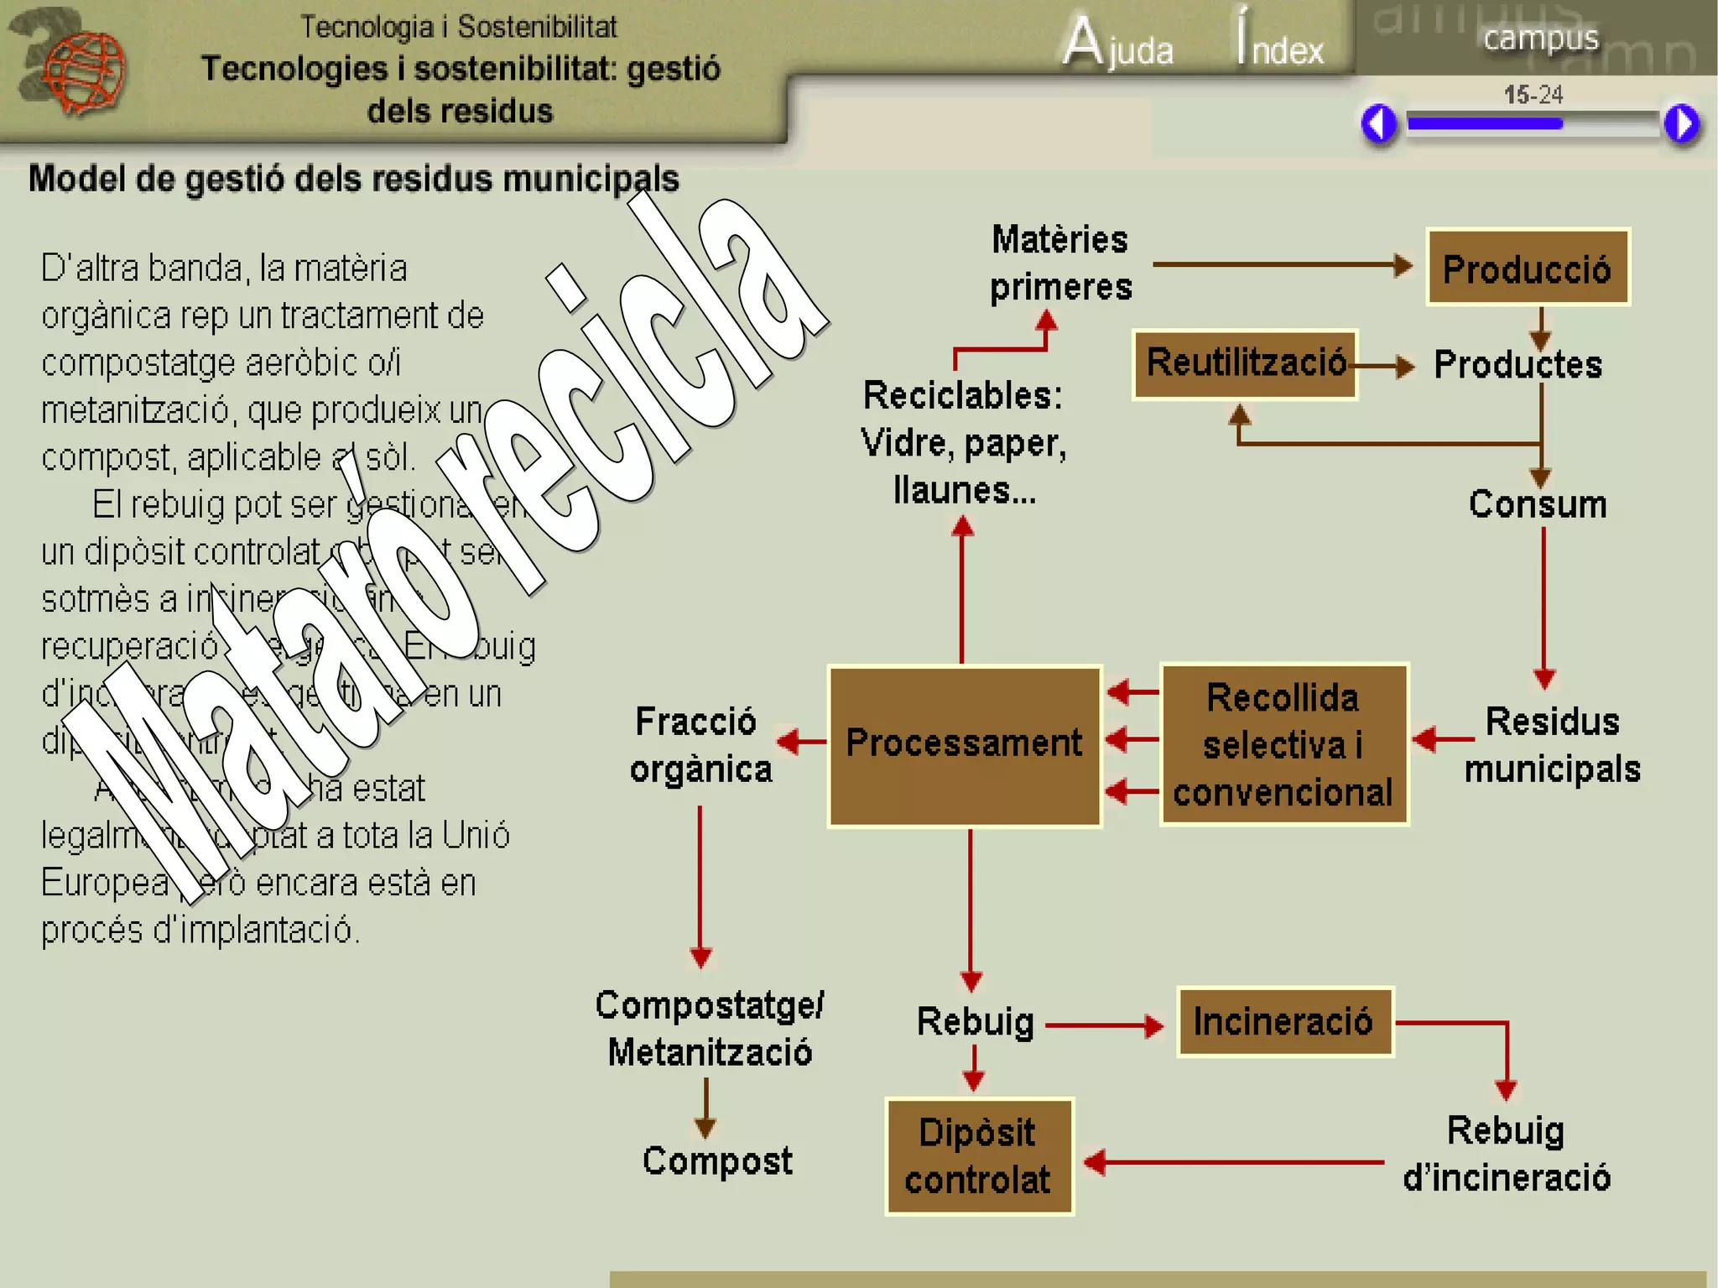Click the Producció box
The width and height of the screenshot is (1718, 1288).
point(1528,267)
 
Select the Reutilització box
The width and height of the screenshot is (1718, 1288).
point(1245,364)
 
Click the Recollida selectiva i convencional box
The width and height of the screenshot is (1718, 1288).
point(1283,745)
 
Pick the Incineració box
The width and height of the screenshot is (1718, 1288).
point(1284,1022)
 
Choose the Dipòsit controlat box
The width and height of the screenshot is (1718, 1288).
point(979,1156)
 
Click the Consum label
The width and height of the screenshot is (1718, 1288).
point(1538,504)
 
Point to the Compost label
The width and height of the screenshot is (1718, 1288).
point(717,1161)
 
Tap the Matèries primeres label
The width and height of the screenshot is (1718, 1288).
point(1060,263)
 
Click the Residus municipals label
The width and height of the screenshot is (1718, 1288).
point(1552,745)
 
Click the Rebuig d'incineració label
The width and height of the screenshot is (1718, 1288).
point(1507,1155)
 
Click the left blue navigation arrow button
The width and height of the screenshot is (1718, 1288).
point(1379,124)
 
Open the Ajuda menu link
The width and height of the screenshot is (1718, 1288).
point(1119,44)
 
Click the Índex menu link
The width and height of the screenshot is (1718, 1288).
point(1280,44)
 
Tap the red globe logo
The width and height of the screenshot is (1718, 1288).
point(82,70)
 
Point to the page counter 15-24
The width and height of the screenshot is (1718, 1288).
point(1533,95)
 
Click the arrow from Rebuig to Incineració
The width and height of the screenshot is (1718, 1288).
point(1104,1025)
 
